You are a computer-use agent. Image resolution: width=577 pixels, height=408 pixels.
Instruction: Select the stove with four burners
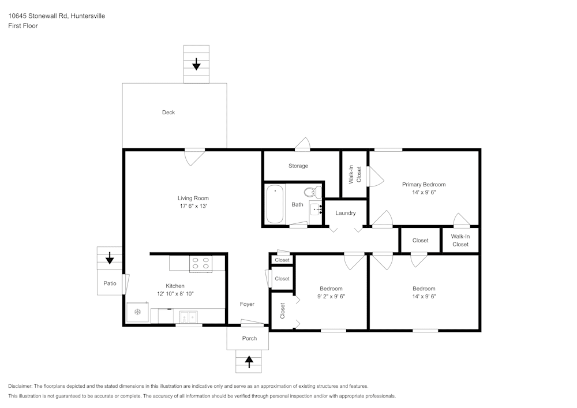pyautogui.click(x=201, y=263)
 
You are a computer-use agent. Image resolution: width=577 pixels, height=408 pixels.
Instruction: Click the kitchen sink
pyautogui.click(x=188, y=316)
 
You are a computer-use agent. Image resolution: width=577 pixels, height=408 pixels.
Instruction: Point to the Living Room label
pyautogui.click(x=193, y=198)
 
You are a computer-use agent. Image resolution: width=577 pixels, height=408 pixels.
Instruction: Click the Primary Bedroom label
pyautogui.click(x=424, y=185)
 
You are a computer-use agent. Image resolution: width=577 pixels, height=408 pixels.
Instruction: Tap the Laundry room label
pyautogui.click(x=346, y=213)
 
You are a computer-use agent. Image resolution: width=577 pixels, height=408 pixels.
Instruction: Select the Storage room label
pyautogui.click(x=298, y=166)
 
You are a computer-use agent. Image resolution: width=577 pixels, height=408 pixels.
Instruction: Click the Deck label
pyautogui.click(x=168, y=113)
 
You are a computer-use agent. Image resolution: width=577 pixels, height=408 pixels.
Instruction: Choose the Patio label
pyautogui.click(x=110, y=283)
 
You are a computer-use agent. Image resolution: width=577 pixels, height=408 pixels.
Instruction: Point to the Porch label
pyautogui.click(x=249, y=338)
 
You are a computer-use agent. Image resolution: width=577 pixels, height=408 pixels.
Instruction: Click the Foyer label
pyautogui.click(x=247, y=304)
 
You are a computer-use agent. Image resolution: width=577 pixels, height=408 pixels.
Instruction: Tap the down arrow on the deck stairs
pyautogui.click(x=196, y=63)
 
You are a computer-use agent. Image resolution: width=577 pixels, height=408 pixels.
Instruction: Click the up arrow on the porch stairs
pyautogui.click(x=249, y=361)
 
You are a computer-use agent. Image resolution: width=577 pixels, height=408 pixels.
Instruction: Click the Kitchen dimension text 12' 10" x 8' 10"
pyautogui.click(x=175, y=294)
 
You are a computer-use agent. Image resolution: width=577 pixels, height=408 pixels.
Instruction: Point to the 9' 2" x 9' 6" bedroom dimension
pyautogui.click(x=331, y=296)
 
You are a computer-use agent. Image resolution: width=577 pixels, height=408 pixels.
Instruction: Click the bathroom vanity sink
pyautogui.click(x=315, y=209)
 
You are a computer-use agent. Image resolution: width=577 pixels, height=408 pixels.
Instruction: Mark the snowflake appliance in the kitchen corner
pyautogui.click(x=138, y=312)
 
